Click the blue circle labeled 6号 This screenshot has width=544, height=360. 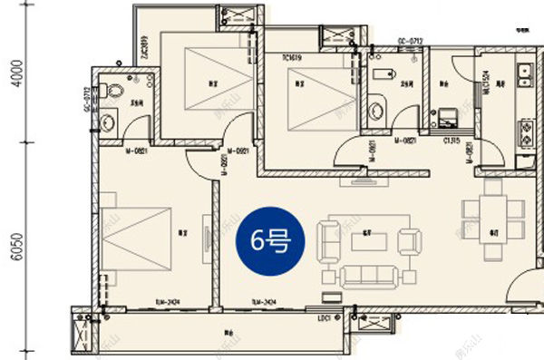point(268,240)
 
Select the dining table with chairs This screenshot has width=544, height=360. point(492,209)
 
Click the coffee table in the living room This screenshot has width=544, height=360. point(368,238)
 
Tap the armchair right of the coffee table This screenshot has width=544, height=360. point(410,240)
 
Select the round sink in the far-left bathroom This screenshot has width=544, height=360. point(108,122)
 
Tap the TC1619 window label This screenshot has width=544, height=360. point(292,57)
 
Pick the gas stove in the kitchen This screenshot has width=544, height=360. point(526,134)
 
